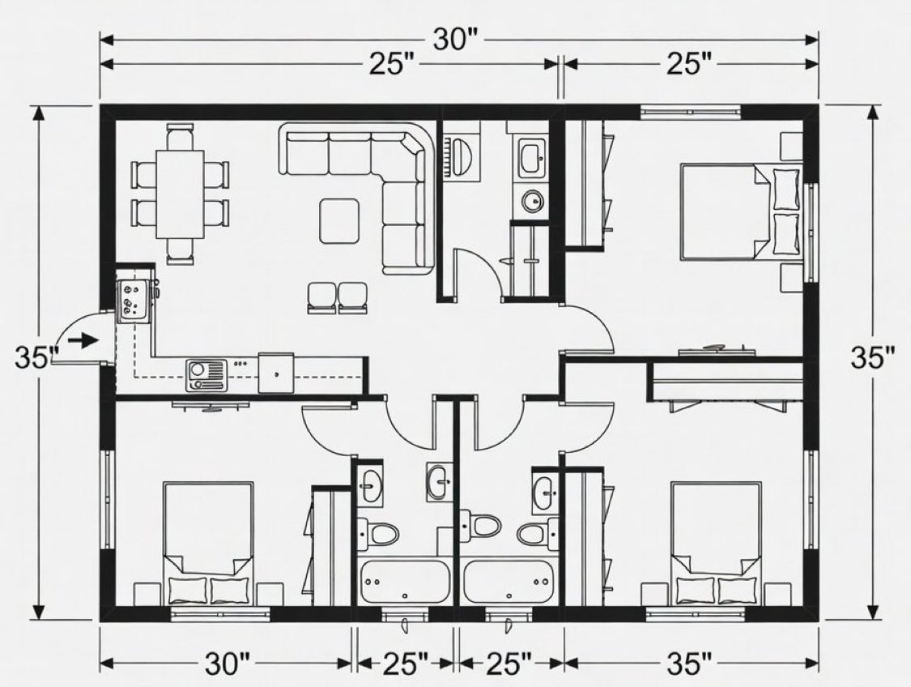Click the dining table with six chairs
(x=180, y=194)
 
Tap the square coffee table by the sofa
(x=339, y=220)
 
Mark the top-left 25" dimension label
(x=393, y=65)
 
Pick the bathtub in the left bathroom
(x=404, y=581)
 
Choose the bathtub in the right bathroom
(x=509, y=581)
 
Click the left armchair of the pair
(x=321, y=297)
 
